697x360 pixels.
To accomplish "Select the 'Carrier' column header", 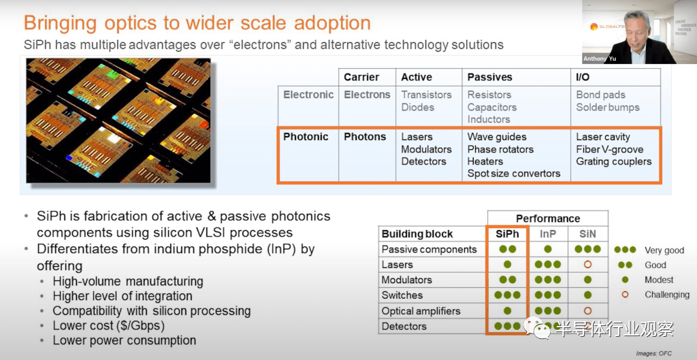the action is pos(361,77).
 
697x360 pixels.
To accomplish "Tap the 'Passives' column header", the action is pos(489,77).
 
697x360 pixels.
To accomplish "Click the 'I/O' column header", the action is pos(583,77).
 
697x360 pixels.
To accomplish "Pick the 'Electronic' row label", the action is pos(308,95).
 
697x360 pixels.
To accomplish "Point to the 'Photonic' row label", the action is pos(306,136).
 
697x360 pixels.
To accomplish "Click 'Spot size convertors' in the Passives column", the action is pos(513,174).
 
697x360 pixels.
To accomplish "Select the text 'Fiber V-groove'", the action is pos(609,149).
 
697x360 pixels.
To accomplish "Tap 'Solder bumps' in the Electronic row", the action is pos(608,107).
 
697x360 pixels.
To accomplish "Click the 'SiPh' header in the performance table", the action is pos(507,234).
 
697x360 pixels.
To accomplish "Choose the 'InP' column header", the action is pos(548,234).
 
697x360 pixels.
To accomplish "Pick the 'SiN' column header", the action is pos(587,234).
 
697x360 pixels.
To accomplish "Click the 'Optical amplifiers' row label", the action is pos(421,311).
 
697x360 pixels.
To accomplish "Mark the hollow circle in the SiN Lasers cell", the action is pos(587,265).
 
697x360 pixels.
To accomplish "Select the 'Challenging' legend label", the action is pos(667,295).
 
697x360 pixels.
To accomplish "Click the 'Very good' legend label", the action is pos(664,250).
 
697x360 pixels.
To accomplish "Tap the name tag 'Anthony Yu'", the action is pos(600,59).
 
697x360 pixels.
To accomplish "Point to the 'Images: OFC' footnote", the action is pos(653,354).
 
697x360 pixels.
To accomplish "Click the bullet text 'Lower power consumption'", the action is pos(124,340).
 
